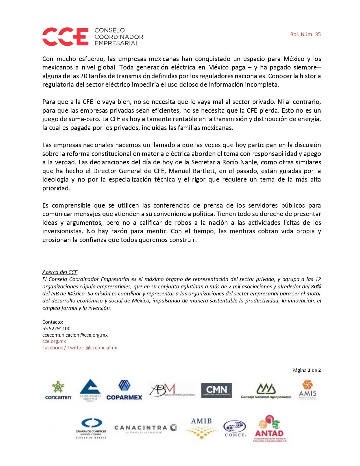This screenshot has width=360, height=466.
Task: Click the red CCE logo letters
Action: pyautogui.click(x=65, y=36)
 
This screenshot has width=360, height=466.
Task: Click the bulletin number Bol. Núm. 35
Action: pyautogui.click(x=305, y=34)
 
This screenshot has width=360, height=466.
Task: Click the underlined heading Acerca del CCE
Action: pyautogui.click(x=60, y=272)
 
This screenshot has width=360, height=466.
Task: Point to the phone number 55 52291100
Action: pyautogui.click(x=56, y=328)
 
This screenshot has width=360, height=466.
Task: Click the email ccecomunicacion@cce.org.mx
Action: pyautogui.click(x=75, y=335)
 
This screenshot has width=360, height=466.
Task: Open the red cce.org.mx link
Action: pyautogui.click(x=54, y=341)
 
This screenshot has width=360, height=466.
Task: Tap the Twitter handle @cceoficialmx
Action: pyautogui.click(x=101, y=348)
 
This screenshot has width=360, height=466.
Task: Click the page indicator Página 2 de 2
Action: pyautogui.click(x=306, y=370)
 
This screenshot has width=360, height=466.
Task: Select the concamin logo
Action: pyautogui.click(x=58, y=391)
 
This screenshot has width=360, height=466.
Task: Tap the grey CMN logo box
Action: pyautogui.click(x=216, y=391)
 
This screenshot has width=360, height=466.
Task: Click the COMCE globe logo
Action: pyautogui.click(x=235, y=428)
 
